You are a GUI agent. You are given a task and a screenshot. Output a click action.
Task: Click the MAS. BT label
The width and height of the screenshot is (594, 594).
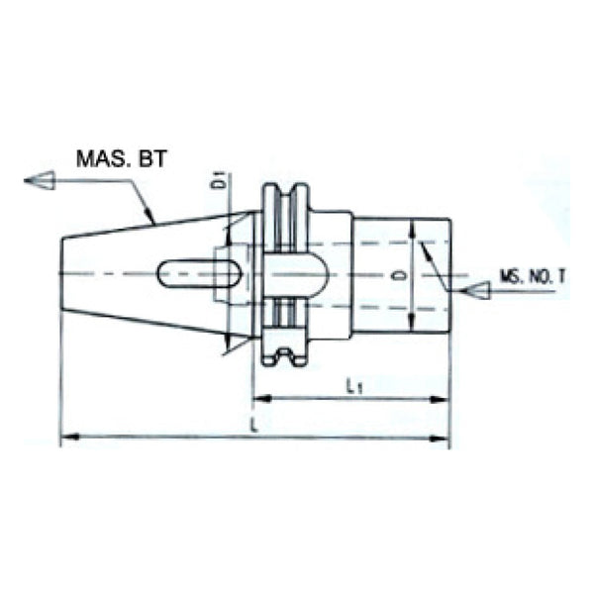[119, 157]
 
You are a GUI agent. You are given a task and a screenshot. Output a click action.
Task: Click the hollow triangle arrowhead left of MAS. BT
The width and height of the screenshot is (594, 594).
[39, 180]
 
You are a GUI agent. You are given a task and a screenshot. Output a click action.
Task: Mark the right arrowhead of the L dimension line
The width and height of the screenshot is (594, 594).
[443, 437]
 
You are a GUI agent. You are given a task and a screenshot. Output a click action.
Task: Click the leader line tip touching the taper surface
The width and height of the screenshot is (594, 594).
[153, 220]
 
